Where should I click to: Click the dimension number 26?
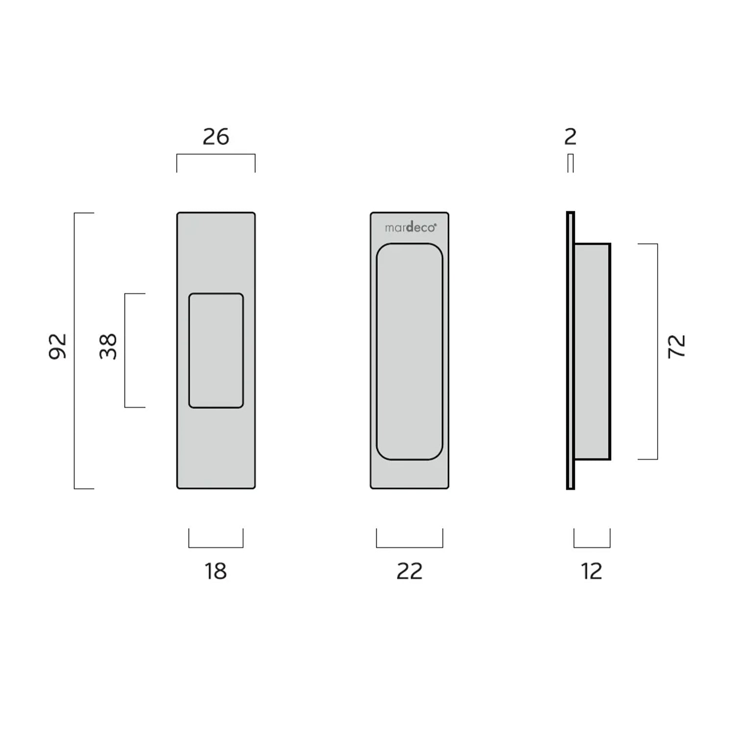click(x=216, y=137)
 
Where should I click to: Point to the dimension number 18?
click(x=216, y=571)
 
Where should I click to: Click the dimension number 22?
click(x=409, y=571)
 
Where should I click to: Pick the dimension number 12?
click(x=591, y=571)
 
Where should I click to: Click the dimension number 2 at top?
click(x=570, y=137)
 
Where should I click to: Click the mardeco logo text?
click(x=410, y=228)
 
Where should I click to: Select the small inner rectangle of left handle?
click(x=216, y=350)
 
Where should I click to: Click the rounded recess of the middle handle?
click(x=410, y=351)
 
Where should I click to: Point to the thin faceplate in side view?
click(x=570, y=350)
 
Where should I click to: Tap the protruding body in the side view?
click(x=592, y=351)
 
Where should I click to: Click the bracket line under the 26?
click(x=216, y=154)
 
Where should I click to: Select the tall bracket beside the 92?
click(x=74, y=350)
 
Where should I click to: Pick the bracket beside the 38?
click(x=125, y=350)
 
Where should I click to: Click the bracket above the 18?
click(x=216, y=547)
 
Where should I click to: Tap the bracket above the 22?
click(x=409, y=547)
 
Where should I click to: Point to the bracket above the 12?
click(x=591, y=547)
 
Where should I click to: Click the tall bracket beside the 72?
click(x=657, y=351)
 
